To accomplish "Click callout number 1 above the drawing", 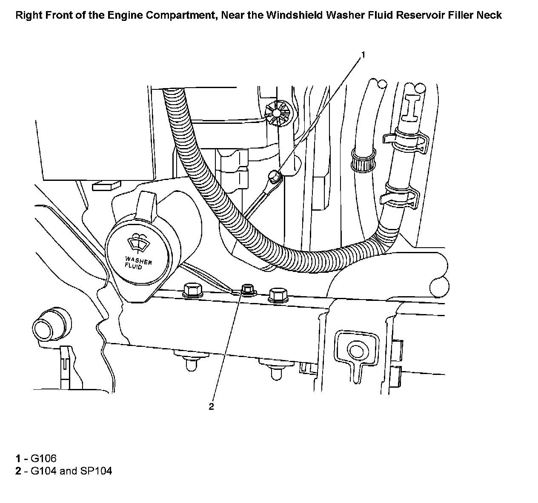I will pyautogui.click(x=363, y=54).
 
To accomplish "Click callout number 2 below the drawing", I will pyautogui.click(x=211, y=406).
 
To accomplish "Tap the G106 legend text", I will pyautogui.click(x=43, y=458).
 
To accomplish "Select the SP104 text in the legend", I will pyautogui.click(x=95, y=471).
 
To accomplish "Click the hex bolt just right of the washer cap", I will pyautogui.click(x=192, y=290).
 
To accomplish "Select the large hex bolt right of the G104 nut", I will pyautogui.click(x=278, y=294).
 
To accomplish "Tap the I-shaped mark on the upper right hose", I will pyautogui.click(x=412, y=106).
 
